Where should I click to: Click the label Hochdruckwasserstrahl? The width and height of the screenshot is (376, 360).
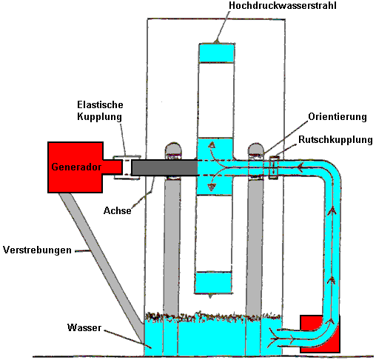(x=283, y=6)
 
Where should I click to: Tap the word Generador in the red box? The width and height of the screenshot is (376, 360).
(x=76, y=167)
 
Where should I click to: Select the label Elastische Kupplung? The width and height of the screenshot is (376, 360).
(x=100, y=110)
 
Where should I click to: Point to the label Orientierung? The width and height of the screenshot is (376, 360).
(x=338, y=117)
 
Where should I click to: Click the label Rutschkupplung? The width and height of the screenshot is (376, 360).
(x=335, y=140)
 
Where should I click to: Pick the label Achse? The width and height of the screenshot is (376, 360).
(x=118, y=210)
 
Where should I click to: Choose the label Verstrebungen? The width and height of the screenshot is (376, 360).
(x=37, y=250)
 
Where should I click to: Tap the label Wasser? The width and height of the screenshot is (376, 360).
(x=84, y=327)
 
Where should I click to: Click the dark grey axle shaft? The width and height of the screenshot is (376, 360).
(x=164, y=167)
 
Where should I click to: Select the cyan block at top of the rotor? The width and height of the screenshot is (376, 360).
(x=217, y=53)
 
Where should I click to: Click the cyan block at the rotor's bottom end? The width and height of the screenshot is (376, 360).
(x=213, y=282)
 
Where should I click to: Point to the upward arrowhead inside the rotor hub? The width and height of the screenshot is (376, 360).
(x=212, y=145)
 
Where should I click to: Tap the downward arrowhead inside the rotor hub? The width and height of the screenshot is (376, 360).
(x=212, y=187)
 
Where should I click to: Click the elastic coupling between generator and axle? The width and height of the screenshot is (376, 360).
(x=127, y=167)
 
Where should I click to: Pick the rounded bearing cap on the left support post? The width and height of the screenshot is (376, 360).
(x=173, y=149)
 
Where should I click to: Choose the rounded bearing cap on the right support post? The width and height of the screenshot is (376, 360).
(x=256, y=149)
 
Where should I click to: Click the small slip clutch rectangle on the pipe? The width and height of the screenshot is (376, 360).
(x=273, y=167)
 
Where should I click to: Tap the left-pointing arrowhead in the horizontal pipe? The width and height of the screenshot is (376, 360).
(x=300, y=168)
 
